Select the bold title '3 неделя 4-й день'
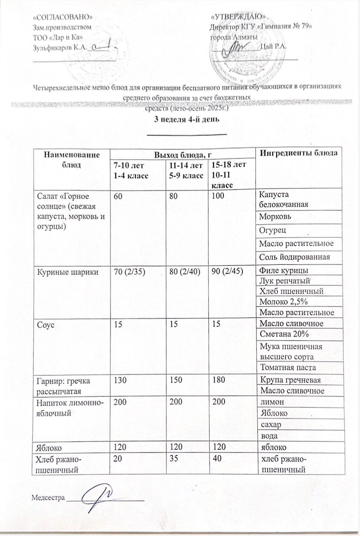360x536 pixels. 187,119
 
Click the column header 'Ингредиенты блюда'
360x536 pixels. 299,153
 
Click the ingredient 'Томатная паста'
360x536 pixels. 288,367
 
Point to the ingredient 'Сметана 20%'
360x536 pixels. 284,334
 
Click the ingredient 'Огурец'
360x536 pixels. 273,230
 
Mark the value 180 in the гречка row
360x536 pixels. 219,379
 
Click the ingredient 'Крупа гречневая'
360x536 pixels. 290,380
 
